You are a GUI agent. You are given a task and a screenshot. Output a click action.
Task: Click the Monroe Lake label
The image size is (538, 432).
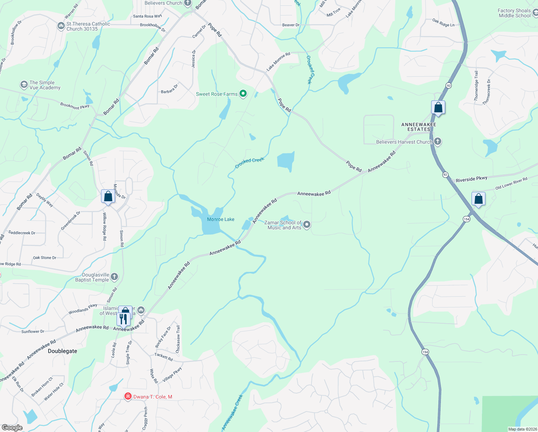tap(220, 219)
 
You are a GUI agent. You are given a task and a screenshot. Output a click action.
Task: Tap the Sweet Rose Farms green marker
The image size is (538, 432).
tap(243, 94)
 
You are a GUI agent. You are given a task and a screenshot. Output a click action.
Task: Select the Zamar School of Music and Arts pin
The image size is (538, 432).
tap(307, 225)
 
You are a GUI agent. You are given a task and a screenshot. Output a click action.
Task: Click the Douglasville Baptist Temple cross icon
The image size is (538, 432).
tap(114, 276)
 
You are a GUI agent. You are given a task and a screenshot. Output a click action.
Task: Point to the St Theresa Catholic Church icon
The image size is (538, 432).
tap(61, 26)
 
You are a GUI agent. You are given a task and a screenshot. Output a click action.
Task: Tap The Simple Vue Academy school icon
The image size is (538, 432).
tap(24, 85)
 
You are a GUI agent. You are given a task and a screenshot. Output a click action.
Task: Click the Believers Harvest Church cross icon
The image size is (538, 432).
tap(438, 141)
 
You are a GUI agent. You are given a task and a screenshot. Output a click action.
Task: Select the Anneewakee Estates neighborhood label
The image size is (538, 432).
tap(419, 127)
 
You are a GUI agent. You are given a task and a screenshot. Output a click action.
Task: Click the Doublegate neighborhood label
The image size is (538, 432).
tap(62, 351)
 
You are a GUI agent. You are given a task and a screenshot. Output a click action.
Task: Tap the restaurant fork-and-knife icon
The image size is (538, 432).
tap(123, 319)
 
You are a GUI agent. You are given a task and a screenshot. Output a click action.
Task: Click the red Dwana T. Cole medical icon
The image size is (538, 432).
tap(128, 396)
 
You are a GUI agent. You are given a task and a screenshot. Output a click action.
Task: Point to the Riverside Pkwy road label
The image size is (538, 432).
tap(471, 179)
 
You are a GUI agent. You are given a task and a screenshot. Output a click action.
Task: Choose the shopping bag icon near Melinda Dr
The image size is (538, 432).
tap(108, 196)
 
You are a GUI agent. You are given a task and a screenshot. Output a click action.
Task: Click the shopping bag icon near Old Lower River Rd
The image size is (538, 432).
tap(478, 199)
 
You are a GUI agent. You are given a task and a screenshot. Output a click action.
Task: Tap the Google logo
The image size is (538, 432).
tap(12, 428)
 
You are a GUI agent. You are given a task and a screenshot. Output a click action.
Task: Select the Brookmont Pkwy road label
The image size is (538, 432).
tap(75, 106)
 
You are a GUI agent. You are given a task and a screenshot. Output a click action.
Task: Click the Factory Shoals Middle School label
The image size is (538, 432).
tap(514, 13)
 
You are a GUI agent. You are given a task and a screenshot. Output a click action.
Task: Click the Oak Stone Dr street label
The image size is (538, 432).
tap(45, 258)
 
